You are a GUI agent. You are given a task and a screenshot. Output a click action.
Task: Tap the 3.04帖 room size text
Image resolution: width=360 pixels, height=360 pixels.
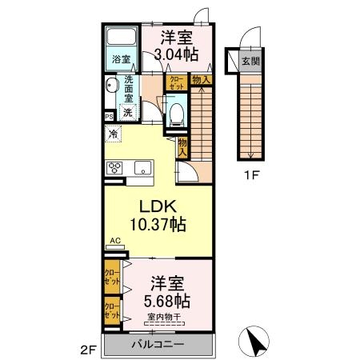177,54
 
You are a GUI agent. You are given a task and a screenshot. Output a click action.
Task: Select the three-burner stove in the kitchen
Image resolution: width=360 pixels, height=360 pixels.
115,168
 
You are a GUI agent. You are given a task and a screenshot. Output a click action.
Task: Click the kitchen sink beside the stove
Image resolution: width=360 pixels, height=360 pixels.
142,168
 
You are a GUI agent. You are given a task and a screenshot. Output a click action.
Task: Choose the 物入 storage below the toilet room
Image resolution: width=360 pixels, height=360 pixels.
183,146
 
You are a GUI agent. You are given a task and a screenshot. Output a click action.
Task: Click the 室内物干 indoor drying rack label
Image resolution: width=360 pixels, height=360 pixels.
163,318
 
